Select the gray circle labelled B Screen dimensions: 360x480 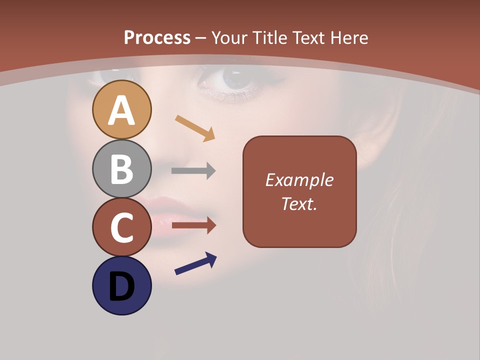coord(121,168)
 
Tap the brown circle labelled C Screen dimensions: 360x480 coord(121,227)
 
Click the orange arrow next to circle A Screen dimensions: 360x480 coord(195,128)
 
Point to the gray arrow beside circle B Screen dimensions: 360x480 coord(193,171)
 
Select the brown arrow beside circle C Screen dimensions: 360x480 coord(193,226)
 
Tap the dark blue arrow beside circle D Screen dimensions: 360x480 coord(195,263)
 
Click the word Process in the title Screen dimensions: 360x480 coord(157,37)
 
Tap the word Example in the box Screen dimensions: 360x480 coord(299,180)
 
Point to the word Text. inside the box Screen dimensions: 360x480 coord(299,203)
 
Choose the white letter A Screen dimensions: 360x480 coord(121,111)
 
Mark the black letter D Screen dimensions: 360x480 coord(121,287)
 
